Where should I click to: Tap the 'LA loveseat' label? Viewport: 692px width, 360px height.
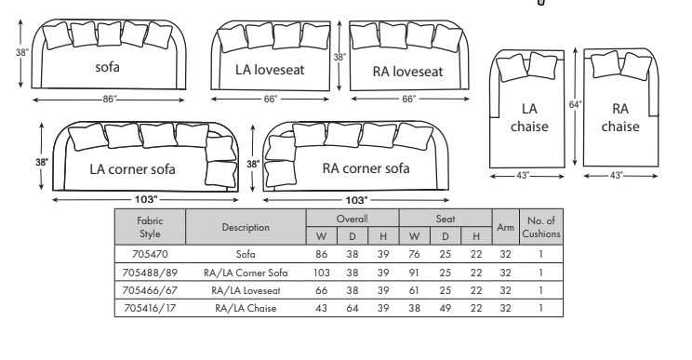272,70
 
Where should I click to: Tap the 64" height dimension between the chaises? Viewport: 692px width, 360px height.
575,105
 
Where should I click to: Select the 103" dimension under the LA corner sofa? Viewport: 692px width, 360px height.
145,199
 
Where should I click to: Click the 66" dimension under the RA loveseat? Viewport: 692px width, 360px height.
408,98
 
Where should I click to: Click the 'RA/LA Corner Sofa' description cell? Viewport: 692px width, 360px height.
246,272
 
